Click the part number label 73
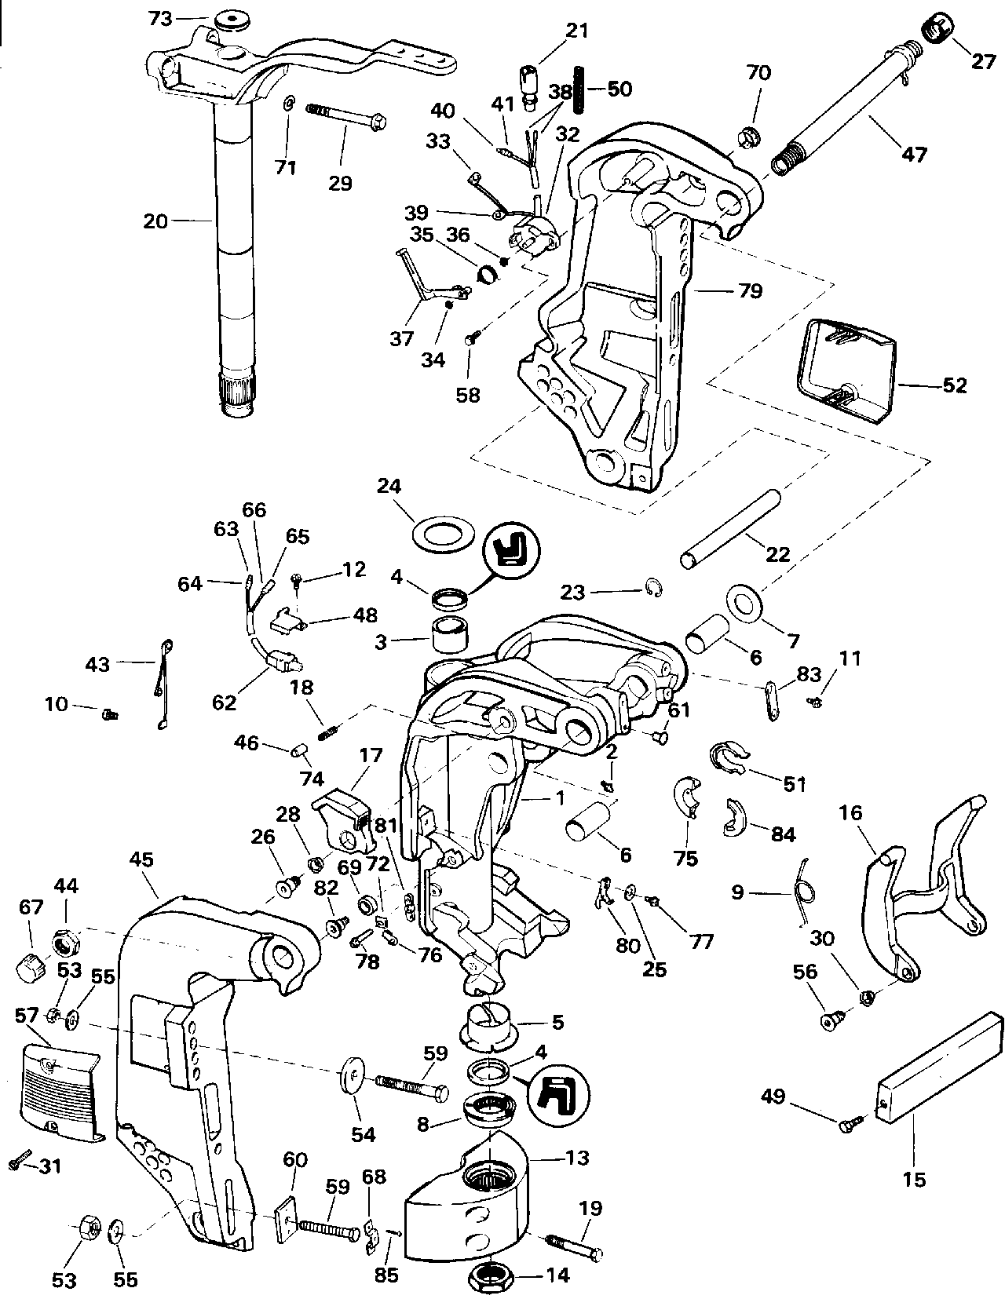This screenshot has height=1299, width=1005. (160, 20)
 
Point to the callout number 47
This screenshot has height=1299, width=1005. (913, 154)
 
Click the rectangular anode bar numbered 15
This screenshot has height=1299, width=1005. (938, 1059)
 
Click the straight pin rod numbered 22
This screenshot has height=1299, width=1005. (730, 528)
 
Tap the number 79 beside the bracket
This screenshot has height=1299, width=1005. (750, 291)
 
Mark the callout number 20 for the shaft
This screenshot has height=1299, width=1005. (155, 221)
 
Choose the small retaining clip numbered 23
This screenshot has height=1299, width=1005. (655, 589)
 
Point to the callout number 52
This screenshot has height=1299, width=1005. (954, 385)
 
